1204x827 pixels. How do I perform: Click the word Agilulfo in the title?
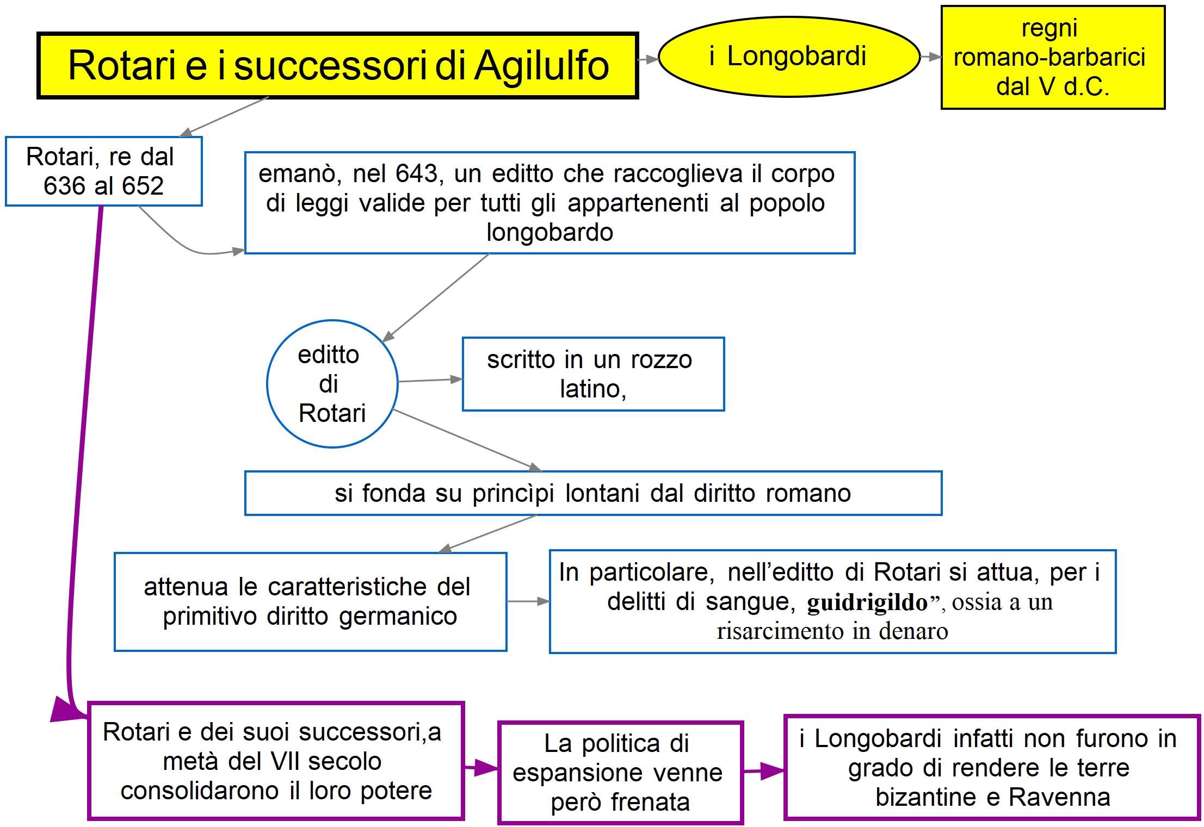point(541,66)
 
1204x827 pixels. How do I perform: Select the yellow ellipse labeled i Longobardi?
point(788,57)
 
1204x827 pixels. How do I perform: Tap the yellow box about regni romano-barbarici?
point(1052,57)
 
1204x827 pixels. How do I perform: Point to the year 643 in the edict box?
point(416,174)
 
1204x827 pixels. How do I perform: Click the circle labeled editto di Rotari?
point(332,384)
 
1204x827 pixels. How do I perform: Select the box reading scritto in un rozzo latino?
point(592,374)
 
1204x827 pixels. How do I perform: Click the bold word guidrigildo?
point(867,602)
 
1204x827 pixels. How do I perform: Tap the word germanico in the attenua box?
point(398,617)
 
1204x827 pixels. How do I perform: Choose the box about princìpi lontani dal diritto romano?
point(592,493)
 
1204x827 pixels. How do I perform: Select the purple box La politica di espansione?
point(620,772)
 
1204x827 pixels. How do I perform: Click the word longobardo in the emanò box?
point(549,233)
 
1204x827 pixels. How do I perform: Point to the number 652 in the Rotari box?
point(143,186)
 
